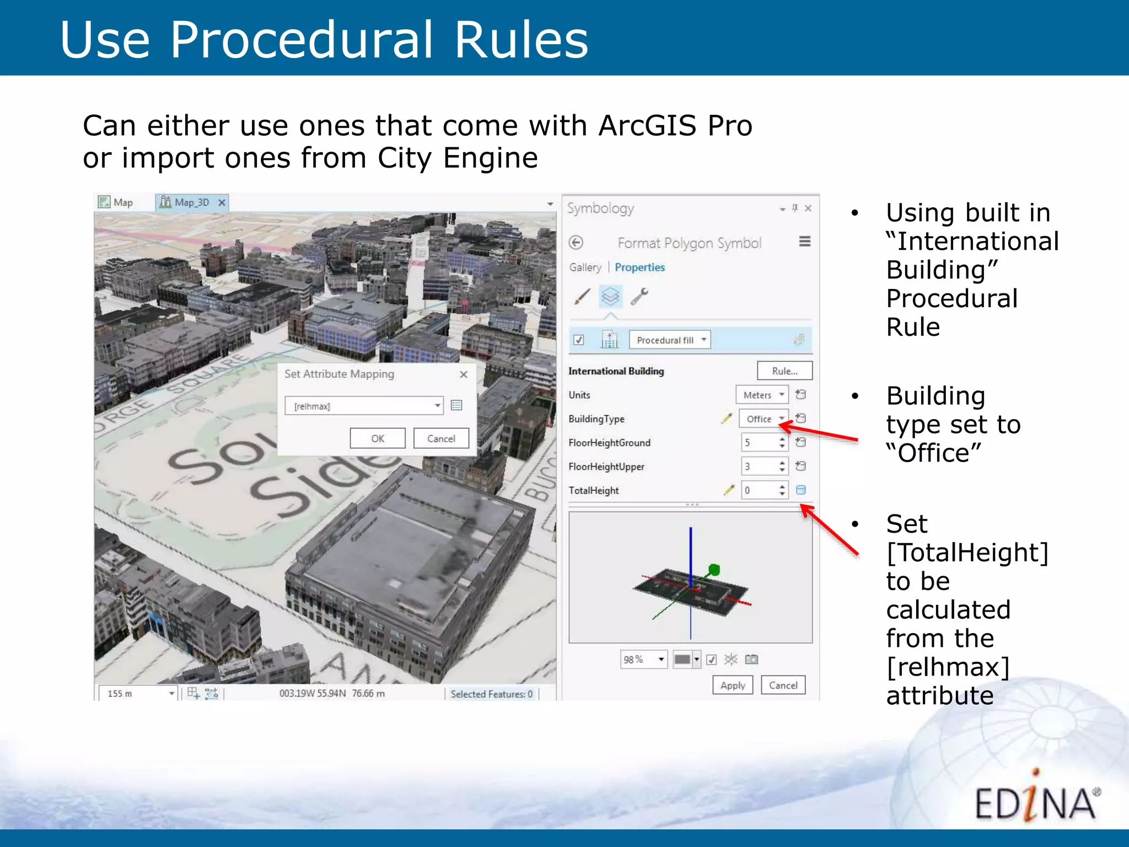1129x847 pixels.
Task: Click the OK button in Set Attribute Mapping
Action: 378,438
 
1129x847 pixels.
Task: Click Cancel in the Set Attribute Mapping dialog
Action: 441,438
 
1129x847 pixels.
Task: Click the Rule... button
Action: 784,371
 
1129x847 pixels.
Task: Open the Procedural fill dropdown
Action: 670,340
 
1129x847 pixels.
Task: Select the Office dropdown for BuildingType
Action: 764,419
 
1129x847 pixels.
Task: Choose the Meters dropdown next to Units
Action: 762,395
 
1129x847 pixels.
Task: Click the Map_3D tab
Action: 191,202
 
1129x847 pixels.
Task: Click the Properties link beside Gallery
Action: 639,267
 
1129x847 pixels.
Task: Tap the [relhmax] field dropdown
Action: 364,406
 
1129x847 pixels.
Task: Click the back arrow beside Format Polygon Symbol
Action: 576,243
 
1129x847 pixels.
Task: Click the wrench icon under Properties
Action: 639,297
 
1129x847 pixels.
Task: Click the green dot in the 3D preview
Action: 714,570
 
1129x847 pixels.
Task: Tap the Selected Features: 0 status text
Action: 491,694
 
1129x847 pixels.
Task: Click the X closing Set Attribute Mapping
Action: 464,374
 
